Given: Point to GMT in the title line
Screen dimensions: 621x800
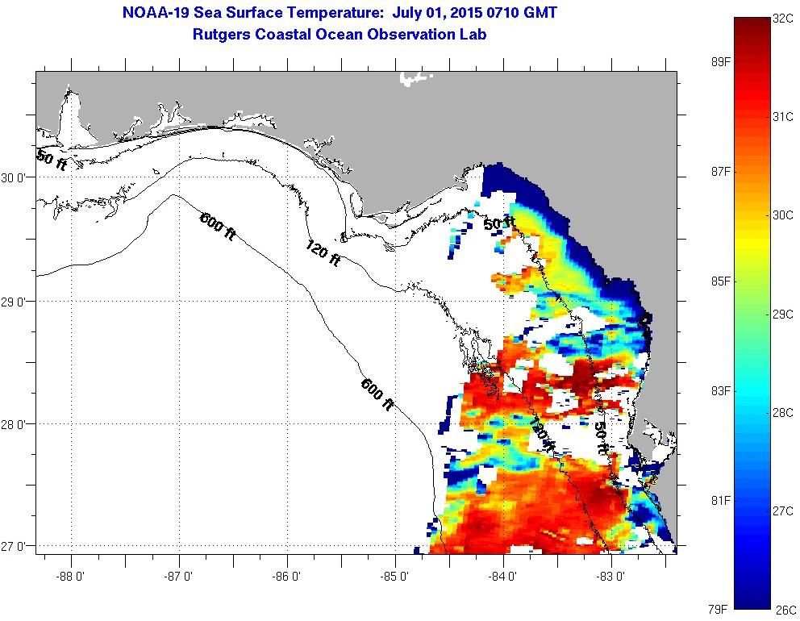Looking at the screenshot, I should [x=538, y=14].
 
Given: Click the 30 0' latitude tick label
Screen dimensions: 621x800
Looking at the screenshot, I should [x=16, y=178].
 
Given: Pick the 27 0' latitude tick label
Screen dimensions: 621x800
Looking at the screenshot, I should [x=16, y=547].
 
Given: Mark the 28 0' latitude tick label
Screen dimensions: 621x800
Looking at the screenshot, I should [x=16, y=424].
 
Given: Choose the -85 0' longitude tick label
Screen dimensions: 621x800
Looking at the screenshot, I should [x=395, y=576].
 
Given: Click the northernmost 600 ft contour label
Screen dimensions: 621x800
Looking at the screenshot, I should [x=218, y=224].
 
